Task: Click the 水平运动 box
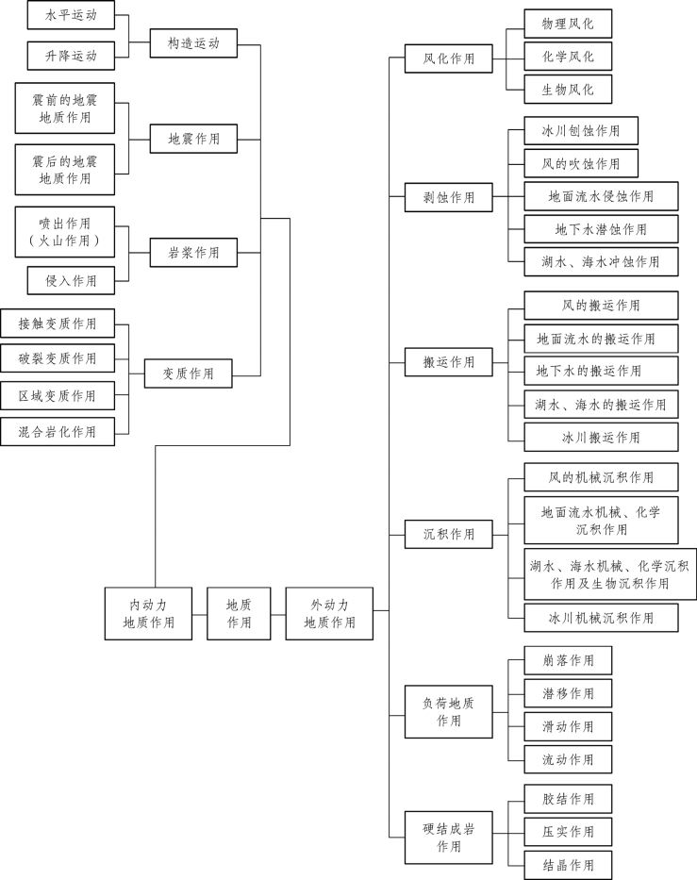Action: tap(71, 16)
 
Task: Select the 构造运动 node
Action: tap(193, 42)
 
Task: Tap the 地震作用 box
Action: tap(193, 139)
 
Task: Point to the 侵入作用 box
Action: tap(71, 280)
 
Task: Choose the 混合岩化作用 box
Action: tap(58, 432)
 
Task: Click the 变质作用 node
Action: tap(188, 374)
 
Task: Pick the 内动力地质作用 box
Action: tap(148, 613)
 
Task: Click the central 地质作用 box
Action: tap(240, 613)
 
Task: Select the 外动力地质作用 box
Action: tap(329, 613)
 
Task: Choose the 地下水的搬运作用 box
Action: tap(601, 371)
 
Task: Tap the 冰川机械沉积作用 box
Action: tap(601, 618)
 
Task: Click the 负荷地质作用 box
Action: tap(449, 711)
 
